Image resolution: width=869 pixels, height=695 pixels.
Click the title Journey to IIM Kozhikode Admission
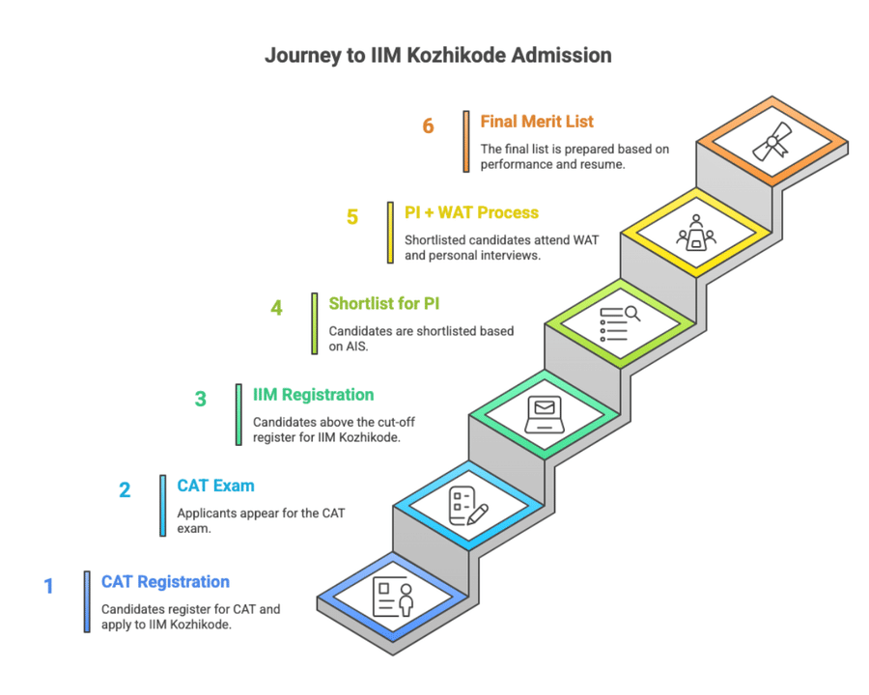437,56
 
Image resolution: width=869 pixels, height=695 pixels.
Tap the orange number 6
429,126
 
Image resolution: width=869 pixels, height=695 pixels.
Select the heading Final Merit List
537,122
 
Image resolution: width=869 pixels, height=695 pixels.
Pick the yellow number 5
352,217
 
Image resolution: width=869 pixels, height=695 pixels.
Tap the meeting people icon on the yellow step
696,235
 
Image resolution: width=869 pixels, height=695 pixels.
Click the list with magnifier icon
621,323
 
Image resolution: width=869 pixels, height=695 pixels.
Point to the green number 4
276,308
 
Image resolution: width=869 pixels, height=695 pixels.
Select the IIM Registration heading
313,395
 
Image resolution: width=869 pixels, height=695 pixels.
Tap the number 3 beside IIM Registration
201,400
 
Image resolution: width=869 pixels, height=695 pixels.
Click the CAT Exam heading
215,486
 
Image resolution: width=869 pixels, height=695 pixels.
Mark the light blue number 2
125,490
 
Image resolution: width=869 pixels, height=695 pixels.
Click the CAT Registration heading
165,581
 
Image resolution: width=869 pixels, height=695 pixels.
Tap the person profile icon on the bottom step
393,598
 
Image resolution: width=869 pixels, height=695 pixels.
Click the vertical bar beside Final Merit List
466,140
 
